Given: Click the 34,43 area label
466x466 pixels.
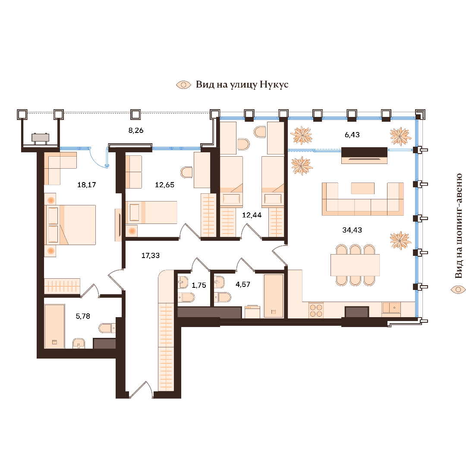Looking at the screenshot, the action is click(352, 230).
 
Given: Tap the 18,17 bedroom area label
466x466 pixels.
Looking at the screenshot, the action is click(86, 185).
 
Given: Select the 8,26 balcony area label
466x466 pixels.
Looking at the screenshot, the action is click(136, 130).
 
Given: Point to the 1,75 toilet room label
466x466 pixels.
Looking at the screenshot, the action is click(199, 285).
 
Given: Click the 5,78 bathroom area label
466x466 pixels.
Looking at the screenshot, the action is click(83, 316).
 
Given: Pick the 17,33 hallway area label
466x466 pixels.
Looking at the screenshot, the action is click(151, 255).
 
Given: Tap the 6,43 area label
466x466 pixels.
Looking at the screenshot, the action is click(352, 135).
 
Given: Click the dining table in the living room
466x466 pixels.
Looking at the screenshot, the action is click(355, 265).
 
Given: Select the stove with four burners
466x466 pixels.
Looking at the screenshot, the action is click(316, 310).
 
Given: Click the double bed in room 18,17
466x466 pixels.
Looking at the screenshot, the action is click(70, 225).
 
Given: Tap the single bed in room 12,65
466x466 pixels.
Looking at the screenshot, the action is click(151, 212).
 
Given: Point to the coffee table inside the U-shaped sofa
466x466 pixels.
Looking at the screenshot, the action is click(362, 188).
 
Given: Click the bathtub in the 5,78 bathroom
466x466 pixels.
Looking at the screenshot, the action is click(54, 326).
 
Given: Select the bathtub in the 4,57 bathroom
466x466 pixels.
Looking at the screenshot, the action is click(274, 296).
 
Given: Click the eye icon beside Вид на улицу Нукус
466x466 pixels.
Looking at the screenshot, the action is click(183, 85).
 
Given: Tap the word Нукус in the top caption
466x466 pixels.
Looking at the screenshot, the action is click(274, 85).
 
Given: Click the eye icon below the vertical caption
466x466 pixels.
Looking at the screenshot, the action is click(458, 290).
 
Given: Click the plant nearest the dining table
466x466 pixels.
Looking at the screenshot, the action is click(400, 240).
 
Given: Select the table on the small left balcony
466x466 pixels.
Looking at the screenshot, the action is click(41, 138).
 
